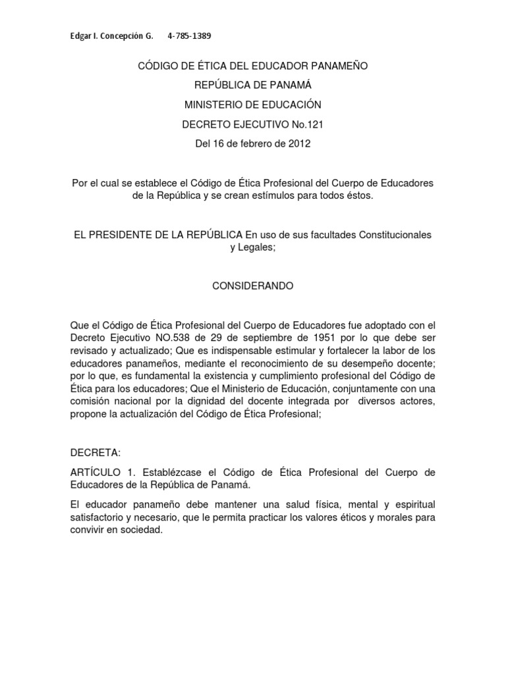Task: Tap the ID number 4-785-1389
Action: [190, 36]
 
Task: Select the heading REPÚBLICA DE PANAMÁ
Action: [252, 85]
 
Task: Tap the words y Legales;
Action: [252, 247]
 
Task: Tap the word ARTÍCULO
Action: [95, 473]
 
